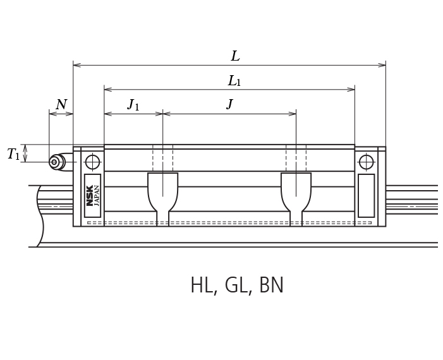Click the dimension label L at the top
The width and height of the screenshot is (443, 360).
click(235, 56)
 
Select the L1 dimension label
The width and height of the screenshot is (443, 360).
click(234, 81)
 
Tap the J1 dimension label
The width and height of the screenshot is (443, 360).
click(133, 105)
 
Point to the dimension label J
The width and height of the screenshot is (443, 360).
click(229, 104)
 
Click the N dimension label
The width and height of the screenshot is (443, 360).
click(61, 105)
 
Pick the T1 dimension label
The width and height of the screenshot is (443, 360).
click(13, 154)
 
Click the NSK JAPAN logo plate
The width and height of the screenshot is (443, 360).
click(92, 195)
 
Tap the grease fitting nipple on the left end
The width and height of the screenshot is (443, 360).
click(56, 162)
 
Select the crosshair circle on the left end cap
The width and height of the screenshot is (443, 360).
click(92, 162)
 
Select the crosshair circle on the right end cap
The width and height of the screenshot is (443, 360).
click(366, 162)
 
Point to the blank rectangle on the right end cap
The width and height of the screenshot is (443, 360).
click(366, 195)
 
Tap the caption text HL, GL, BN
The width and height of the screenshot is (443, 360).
click(237, 286)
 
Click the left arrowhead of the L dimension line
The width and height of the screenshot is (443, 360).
click(76, 64)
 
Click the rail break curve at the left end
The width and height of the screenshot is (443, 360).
click(40, 215)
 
